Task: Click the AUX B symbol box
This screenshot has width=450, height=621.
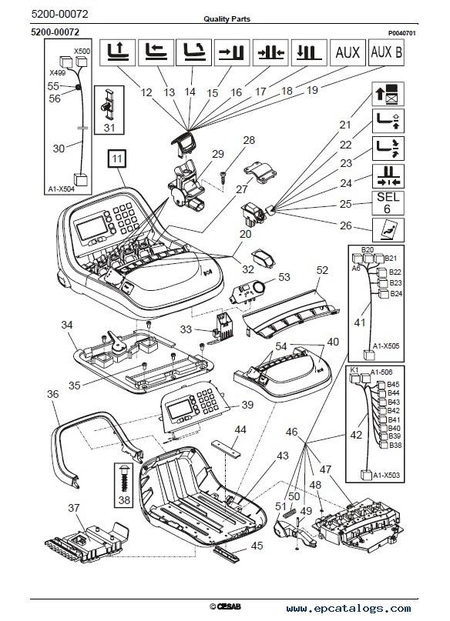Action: (x=386, y=52)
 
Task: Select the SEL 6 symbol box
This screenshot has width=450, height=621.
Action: (x=388, y=202)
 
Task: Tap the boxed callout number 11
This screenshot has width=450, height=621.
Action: (x=116, y=159)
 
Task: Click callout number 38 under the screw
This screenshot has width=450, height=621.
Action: (x=124, y=500)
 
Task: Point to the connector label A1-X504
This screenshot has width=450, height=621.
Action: (x=61, y=189)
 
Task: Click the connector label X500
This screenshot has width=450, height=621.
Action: (x=82, y=51)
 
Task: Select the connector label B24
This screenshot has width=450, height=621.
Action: (x=396, y=293)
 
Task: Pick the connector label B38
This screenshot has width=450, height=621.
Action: (x=395, y=445)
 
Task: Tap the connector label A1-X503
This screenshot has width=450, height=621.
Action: (x=386, y=475)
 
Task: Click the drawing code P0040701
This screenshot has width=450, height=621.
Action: (x=401, y=33)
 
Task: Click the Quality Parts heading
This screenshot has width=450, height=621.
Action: (x=227, y=18)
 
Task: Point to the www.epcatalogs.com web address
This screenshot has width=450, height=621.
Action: (x=348, y=609)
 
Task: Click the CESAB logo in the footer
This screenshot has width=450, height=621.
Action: (x=225, y=606)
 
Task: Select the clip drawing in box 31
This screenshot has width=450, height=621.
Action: (x=109, y=104)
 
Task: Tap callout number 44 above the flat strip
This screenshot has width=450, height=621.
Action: (x=240, y=429)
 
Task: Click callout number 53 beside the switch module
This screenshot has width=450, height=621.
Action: (x=284, y=277)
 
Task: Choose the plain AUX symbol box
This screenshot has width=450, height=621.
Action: (x=348, y=52)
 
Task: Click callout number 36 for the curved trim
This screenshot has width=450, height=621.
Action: (x=52, y=394)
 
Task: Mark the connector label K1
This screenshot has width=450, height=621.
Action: (x=354, y=369)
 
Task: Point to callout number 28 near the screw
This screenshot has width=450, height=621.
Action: (x=249, y=140)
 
